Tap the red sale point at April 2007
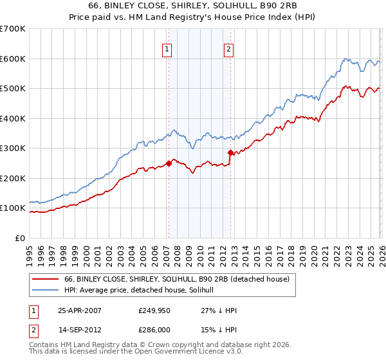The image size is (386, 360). pyautogui.click(x=169, y=163)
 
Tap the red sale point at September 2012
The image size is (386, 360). pyautogui.click(x=230, y=152)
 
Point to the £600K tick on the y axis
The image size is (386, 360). pyautogui.click(x=13, y=59)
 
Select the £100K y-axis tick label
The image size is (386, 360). pyautogui.click(x=13, y=208)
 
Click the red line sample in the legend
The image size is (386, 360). pyautogui.click(x=46, y=279)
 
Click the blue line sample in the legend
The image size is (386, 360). pyautogui.click(x=46, y=291)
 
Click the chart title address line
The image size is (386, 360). pyautogui.click(x=192, y=6)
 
